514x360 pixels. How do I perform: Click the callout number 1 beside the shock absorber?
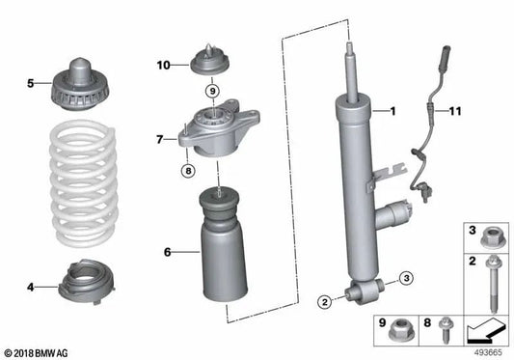(x=392, y=111)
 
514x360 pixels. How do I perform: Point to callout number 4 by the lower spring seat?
(x=32, y=287)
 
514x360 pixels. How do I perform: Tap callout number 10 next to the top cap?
(x=163, y=66)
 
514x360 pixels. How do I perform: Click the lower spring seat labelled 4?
(x=86, y=284)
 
